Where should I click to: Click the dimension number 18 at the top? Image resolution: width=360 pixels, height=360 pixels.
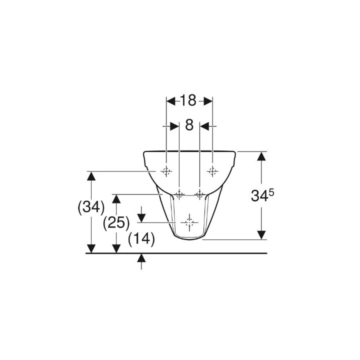[x=188, y=100]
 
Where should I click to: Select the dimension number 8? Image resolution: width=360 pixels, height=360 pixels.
[x=189, y=125]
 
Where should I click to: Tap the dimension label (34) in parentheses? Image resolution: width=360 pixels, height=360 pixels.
[x=91, y=207]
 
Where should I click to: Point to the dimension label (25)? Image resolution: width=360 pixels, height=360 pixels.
[x=116, y=222]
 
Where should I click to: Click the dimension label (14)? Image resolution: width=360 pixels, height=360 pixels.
[x=141, y=239]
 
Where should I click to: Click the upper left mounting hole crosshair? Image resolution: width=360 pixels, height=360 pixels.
[x=166, y=171]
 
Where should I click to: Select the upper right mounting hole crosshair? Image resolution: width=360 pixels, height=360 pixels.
[x=212, y=171]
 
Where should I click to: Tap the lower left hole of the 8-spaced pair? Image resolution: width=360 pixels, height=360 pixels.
[x=179, y=194]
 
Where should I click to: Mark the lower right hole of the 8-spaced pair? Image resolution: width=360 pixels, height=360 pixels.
[x=199, y=194]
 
